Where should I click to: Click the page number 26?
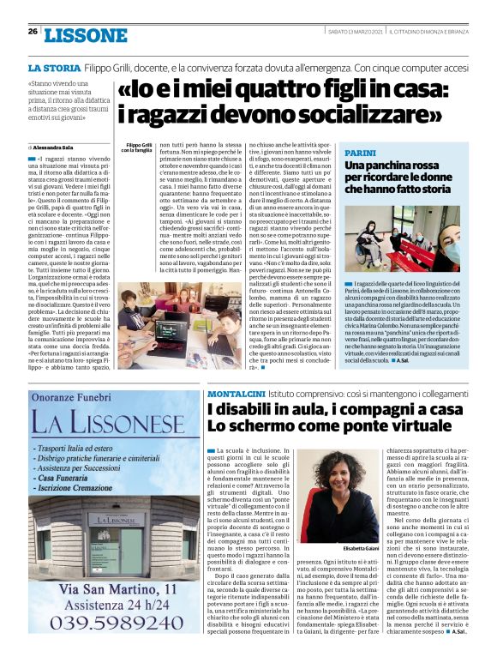tap(33, 31)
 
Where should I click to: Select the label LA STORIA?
tap(55, 67)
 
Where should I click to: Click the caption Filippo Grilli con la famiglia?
tap(138, 148)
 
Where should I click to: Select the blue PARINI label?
tap(360, 152)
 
